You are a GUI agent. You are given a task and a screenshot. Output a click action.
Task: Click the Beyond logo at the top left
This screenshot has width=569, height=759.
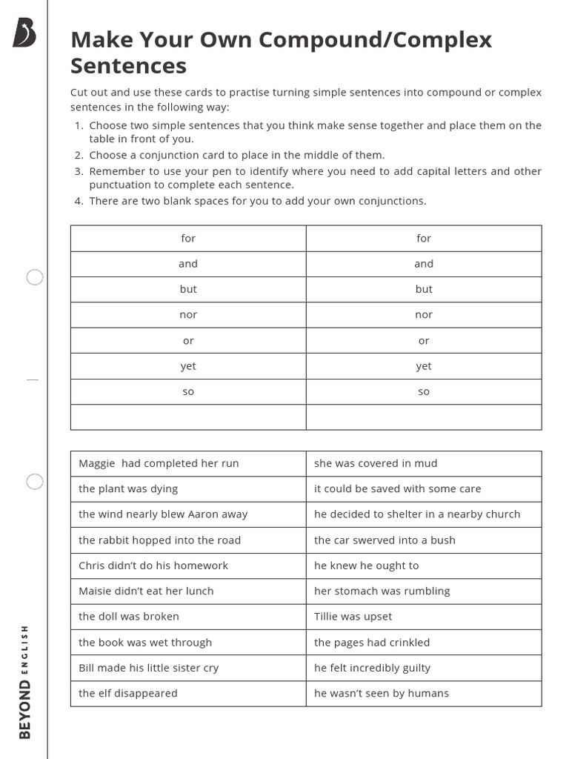click(x=24, y=33)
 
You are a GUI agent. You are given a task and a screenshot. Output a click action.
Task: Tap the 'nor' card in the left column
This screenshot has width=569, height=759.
click(x=188, y=315)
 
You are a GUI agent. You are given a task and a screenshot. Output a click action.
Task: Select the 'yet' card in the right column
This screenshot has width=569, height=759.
click(x=424, y=366)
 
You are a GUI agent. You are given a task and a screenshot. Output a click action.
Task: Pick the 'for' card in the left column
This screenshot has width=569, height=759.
click(x=188, y=238)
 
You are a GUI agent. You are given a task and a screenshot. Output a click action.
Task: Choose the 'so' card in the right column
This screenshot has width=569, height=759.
click(x=424, y=391)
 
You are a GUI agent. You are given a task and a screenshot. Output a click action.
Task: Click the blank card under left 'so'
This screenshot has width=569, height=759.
click(x=188, y=417)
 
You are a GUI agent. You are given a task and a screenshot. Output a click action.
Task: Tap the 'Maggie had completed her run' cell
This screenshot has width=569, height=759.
click(x=159, y=463)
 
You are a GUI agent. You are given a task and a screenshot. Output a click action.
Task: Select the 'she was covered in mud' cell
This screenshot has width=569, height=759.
click(x=376, y=463)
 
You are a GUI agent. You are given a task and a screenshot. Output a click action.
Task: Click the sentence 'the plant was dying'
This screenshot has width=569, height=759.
click(x=128, y=488)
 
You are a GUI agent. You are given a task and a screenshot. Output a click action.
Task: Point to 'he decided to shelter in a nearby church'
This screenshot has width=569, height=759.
click(x=417, y=514)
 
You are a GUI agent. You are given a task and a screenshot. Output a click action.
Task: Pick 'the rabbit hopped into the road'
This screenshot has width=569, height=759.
click(x=159, y=540)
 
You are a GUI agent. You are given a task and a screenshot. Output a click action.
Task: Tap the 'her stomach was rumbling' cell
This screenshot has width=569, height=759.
click(x=382, y=591)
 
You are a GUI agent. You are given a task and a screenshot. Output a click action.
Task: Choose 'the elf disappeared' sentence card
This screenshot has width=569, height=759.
click(x=128, y=694)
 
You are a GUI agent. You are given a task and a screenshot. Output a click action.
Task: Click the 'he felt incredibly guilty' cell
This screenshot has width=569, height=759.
click(x=372, y=668)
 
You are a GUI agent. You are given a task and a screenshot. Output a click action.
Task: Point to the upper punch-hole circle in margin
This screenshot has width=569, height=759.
click(x=35, y=277)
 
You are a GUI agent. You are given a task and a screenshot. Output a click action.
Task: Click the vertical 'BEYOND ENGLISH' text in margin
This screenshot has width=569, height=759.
click(x=25, y=682)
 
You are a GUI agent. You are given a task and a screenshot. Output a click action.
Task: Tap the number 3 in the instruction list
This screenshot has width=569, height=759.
click(x=79, y=171)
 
